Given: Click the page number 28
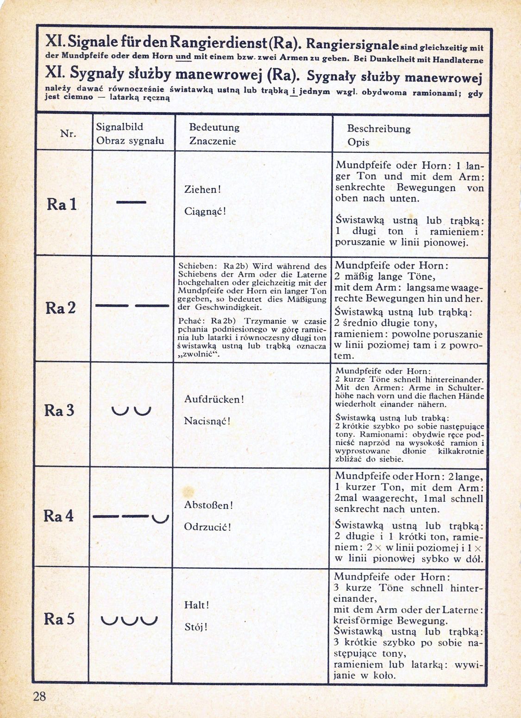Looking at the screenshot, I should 39,696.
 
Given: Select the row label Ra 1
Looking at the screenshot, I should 62,204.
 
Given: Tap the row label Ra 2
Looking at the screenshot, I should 61,308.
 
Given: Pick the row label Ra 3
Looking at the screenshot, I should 59,410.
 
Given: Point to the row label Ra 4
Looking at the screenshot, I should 59,516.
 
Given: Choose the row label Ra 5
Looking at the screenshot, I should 59,619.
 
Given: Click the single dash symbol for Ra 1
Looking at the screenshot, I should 131,202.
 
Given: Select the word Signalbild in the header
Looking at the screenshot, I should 119,127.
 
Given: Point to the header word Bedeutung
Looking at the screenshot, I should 214,127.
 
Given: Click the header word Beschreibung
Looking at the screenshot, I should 379,129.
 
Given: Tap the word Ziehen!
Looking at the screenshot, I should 203,189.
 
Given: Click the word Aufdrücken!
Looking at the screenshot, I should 214,399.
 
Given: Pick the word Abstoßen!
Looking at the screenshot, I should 208,505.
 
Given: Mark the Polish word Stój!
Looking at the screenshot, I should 196,628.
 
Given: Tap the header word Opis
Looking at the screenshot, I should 358,142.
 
